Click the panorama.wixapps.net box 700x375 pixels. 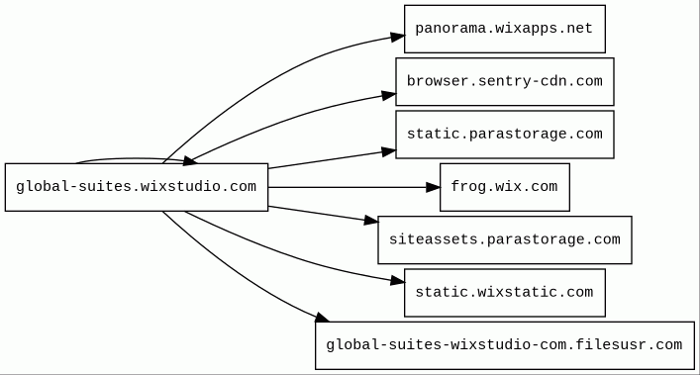(505, 29)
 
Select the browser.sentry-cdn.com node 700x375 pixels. (505, 81)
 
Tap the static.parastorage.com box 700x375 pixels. (505, 135)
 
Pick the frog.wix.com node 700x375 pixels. (505, 187)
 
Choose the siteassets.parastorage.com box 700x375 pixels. (505, 239)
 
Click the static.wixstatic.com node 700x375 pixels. (505, 293)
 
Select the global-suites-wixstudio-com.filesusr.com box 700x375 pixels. (505, 345)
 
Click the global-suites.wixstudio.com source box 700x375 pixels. (137, 187)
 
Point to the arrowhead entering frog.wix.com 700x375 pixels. (433, 187)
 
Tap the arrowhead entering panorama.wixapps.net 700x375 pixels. (398, 37)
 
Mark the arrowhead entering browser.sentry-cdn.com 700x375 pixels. (389, 95)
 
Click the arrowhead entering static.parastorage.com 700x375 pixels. (389, 152)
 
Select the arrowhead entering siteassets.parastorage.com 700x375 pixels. (371, 220)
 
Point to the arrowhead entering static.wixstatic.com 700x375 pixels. (398, 280)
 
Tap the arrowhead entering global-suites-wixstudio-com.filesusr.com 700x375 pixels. (323, 318)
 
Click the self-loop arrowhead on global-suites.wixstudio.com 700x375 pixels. (191, 161)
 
